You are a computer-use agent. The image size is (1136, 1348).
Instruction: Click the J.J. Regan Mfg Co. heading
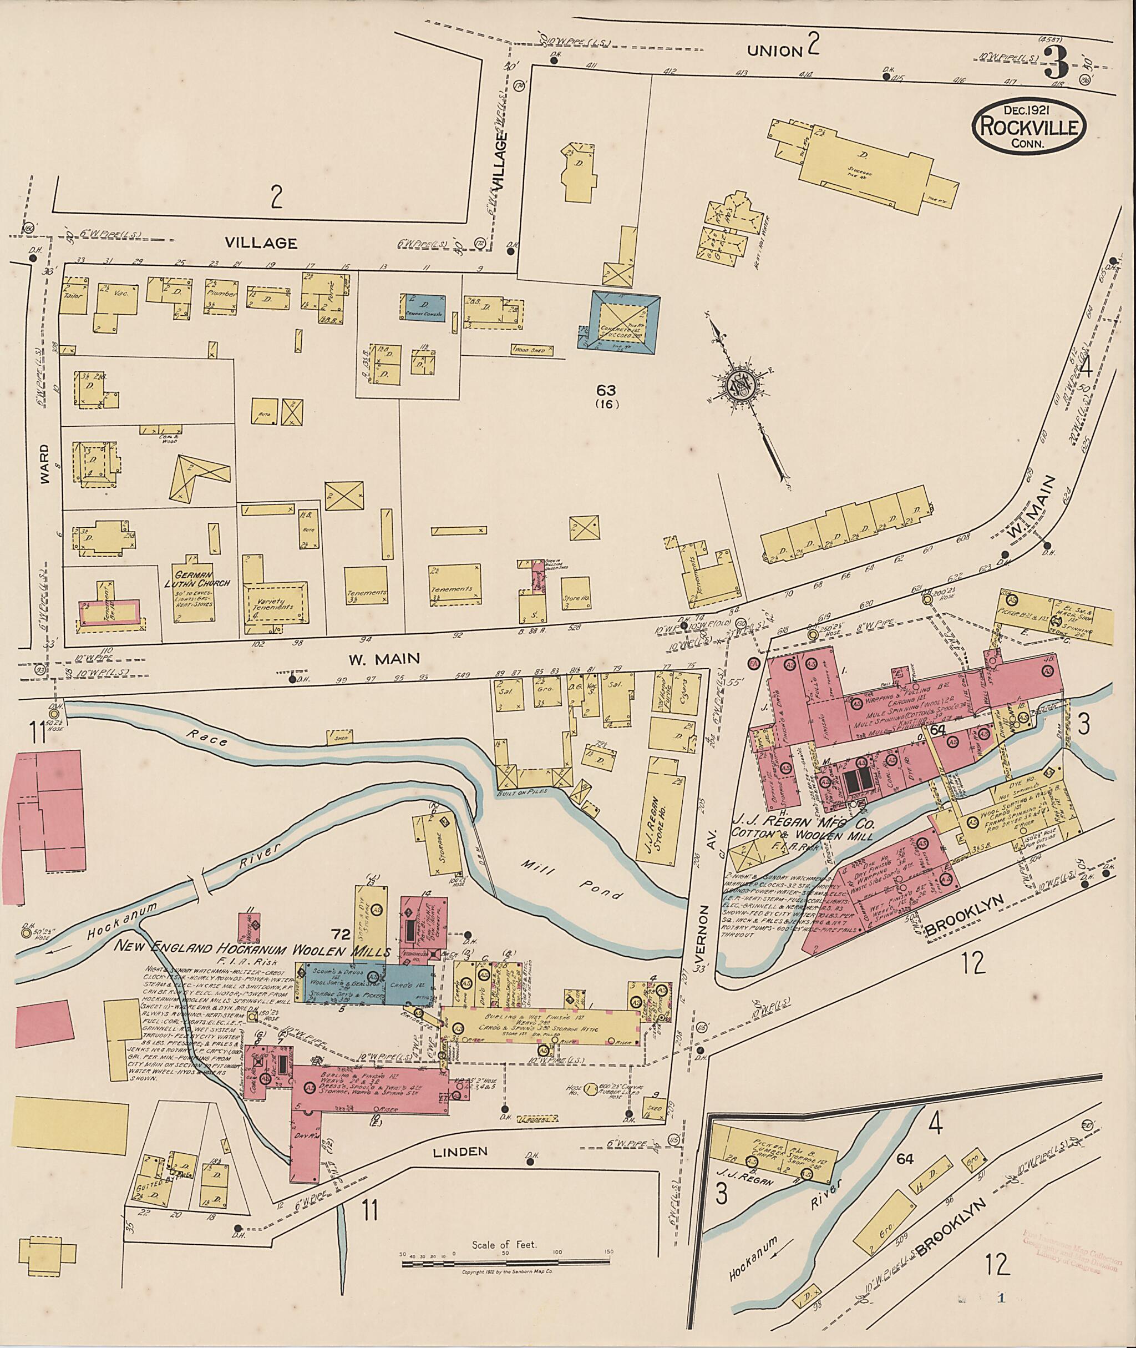tap(802, 824)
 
